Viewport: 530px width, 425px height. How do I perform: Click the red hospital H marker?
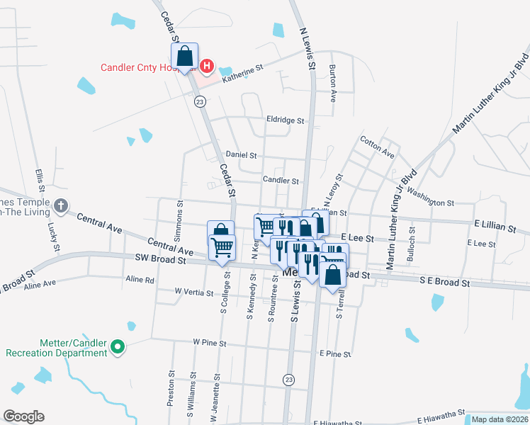pyautogui.click(x=206, y=67)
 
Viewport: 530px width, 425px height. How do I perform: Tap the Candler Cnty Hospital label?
pyautogui.click(x=149, y=67)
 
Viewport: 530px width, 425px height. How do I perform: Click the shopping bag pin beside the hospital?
pyautogui.click(x=184, y=56)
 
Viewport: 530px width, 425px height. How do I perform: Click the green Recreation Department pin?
pyautogui.click(x=118, y=348)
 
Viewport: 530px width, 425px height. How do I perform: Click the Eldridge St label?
pyautogui.click(x=285, y=120)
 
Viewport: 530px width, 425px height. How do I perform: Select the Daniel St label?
pyautogui.click(x=241, y=154)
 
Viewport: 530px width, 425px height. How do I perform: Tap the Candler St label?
pyautogui.click(x=281, y=181)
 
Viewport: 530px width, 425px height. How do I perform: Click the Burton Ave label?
pyautogui.click(x=332, y=84)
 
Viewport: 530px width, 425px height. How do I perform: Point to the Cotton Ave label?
pyautogui.click(x=377, y=147)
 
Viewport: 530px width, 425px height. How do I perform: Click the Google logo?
pyautogui.click(x=23, y=416)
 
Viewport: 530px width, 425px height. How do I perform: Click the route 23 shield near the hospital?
pyautogui.click(x=201, y=102)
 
